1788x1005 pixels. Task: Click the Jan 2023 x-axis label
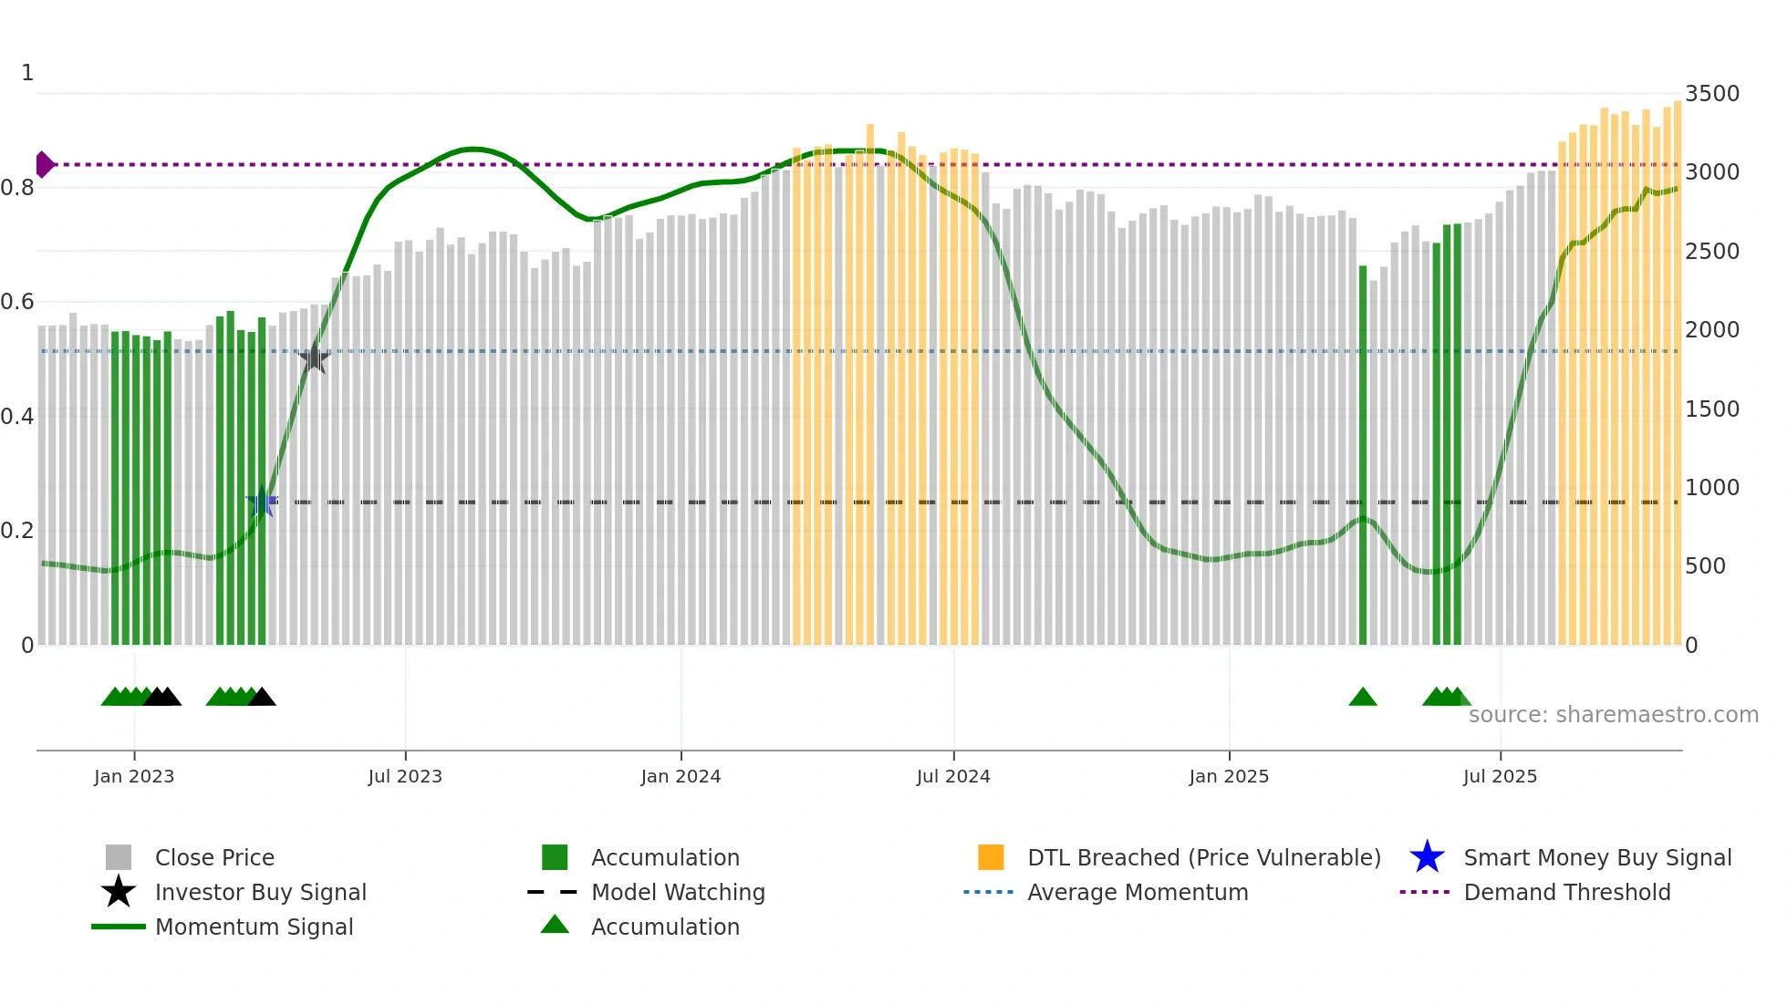tap(134, 776)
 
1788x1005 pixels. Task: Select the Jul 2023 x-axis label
tap(405, 776)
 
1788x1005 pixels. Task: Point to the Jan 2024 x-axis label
tap(681, 776)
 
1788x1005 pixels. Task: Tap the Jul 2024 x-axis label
tap(953, 776)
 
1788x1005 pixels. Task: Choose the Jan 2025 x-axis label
tap(1229, 776)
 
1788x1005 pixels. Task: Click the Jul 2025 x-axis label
tap(1500, 776)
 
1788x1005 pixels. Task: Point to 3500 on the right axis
tap(1711, 94)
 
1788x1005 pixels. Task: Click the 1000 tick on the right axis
tap(1711, 488)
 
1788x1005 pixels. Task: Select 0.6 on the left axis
tap(17, 302)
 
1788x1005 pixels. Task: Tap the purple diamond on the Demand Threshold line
tap(44, 165)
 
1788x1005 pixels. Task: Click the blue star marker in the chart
tap(262, 502)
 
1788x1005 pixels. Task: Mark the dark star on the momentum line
tap(314, 358)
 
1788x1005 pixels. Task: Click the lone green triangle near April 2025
tap(1363, 698)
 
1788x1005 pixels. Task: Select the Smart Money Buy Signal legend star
tap(1427, 857)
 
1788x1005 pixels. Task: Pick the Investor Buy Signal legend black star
tap(119, 892)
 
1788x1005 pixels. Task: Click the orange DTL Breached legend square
tap(991, 857)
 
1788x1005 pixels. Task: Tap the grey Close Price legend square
tap(119, 857)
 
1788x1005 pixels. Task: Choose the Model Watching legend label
tap(678, 892)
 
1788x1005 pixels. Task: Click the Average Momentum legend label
tap(1138, 892)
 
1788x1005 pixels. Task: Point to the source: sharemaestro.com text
tap(1613, 715)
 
